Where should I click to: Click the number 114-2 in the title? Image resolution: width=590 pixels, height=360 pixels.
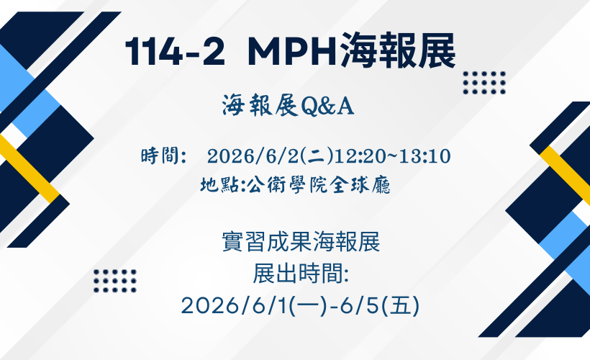(x=175, y=52)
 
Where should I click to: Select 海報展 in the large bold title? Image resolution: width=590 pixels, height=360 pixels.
(x=397, y=51)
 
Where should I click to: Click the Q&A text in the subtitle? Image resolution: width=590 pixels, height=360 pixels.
(x=327, y=106)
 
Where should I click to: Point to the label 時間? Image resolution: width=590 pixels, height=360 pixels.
(x=163, y=156)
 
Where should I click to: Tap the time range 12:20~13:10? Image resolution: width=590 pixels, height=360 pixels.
(x=392, y=156)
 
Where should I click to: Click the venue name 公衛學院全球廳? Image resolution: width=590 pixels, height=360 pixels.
(x=319, y=185)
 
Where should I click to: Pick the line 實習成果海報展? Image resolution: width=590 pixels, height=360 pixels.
(x=301, y=242)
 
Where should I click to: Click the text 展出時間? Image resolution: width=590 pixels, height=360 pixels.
(x=301, y=274)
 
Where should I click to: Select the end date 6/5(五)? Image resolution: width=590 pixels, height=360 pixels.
(x=379, y=305)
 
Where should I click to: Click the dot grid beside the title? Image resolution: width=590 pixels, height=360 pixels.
(x=484, y=83)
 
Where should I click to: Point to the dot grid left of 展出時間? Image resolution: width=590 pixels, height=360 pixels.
(x=115, y=281)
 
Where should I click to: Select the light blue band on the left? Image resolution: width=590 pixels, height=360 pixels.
(x=28, y=91)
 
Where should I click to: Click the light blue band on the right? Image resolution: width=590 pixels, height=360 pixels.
(x=565, y=251)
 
